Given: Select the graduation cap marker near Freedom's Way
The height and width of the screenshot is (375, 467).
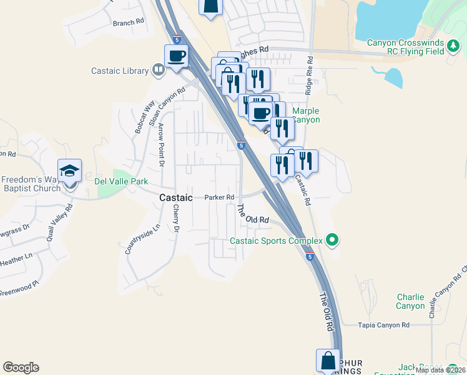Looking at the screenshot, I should [x=69, y=171].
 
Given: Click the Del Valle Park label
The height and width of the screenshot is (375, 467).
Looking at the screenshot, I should [x=121, y=181].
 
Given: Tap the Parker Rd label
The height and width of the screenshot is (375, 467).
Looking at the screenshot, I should [x=219, y=197].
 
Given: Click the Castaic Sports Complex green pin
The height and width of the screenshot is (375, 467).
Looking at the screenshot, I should [x=332, y=240].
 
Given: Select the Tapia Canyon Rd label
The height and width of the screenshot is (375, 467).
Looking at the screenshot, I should [x=383, y=325].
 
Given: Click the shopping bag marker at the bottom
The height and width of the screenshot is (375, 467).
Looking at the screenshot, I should [x=328, y=361].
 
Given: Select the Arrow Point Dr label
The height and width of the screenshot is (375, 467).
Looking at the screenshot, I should [x=161, y=145].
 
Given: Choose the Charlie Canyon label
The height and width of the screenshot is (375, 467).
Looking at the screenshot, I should [x=410, y=301].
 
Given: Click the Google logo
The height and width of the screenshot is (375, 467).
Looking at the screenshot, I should [x=21, y=367].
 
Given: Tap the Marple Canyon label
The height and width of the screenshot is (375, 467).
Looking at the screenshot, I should [x=305, y=116].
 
